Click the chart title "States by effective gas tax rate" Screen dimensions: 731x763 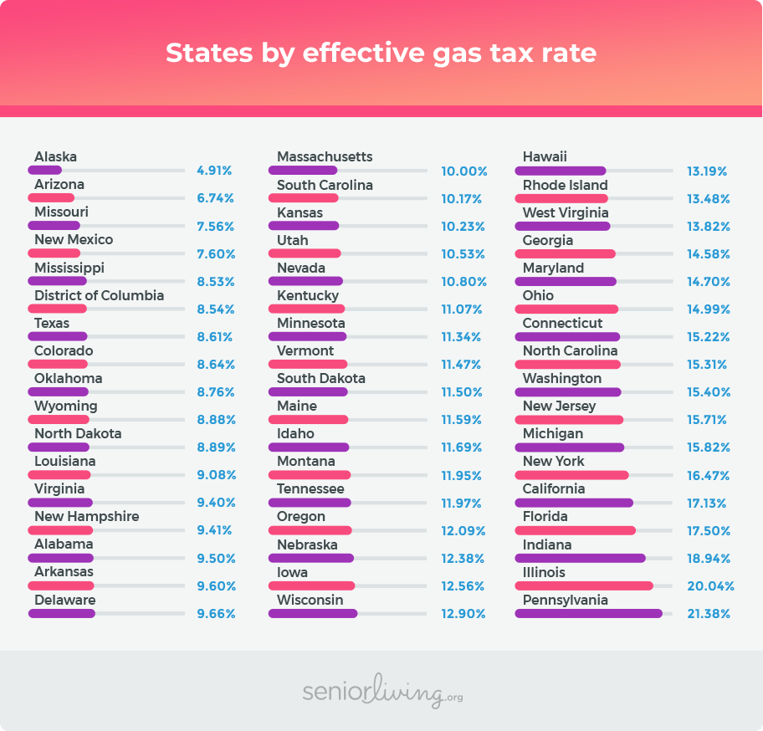click(x=381, y=53)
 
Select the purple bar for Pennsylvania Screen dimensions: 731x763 click(x=589, y=614)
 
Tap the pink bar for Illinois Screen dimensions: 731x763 click(x=584, y=586)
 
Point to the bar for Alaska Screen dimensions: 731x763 click(x=45, y=171)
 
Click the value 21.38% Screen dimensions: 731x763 click(x=709, y=614)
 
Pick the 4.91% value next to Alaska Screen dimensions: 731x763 click(x=214, y=171)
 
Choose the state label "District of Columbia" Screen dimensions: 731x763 click(x=99, y=295)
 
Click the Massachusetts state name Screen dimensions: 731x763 click(x=325, y=157)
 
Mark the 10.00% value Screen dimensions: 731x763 click(x=464, y=171)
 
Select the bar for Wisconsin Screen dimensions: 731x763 click(x=313, y=614)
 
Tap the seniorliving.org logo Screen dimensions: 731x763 click(x=381, y=692)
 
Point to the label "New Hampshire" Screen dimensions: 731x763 click(x=86, y=516)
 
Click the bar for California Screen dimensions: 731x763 click(x=574, y=503)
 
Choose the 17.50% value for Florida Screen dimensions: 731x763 click(x=709, y=531)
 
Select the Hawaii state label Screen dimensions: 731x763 click(x=545, y=157)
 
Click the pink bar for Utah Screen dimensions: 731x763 click(x=305, y=253)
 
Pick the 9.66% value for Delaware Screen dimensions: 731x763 click(x=216, y=614)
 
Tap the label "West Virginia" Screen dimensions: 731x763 click(x=566, y=212)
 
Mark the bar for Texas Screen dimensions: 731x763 click(x=58, y=336)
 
